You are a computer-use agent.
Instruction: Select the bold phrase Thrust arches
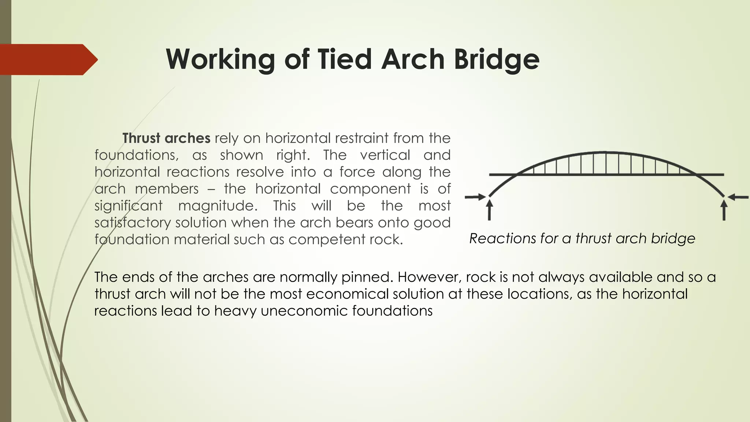tap(166, 138)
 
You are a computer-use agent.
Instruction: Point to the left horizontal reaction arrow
tap(475, 197)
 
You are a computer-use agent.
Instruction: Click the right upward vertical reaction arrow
tap(724, 210)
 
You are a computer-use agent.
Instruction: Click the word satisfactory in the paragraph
tap(133, 222)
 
